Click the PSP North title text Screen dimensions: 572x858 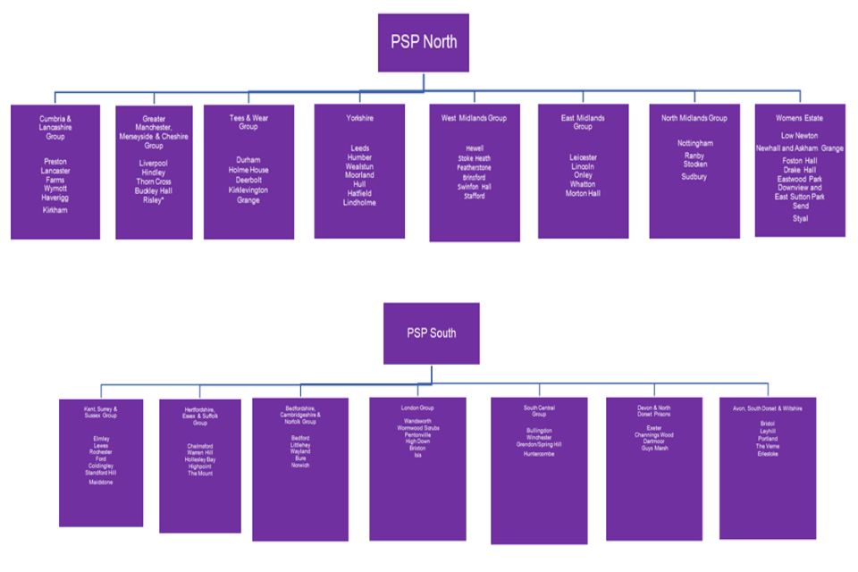tap(424, 42)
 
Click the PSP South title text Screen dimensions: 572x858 tap(431, 332)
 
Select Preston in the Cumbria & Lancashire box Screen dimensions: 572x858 tap(55, 162)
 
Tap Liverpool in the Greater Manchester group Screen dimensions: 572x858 tap(154, 164)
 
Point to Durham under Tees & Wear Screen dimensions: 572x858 tap(248, 160)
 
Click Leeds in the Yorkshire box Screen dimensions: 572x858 tap(359, 147)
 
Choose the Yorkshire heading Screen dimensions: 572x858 tap(359, 117)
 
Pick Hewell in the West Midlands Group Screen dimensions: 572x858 tap(474, 148)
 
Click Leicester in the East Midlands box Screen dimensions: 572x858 tap(583, 157)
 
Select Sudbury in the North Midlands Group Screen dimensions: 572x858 tap(694, 177)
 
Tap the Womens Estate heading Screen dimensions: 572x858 tap(800, 118)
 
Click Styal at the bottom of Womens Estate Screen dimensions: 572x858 tap(800, 218)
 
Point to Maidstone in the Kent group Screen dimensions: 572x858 tap(101, 482)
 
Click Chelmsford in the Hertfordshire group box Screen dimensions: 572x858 tap(200, 445)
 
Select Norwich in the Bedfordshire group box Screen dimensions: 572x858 tap(300, 466)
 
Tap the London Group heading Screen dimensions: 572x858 tap(417, 408)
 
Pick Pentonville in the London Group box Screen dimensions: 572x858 tap(417, 434)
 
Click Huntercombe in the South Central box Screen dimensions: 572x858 tap(539, 454)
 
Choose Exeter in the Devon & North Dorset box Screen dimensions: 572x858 tap(654, 428)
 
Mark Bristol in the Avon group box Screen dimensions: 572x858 tap(768, 423)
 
